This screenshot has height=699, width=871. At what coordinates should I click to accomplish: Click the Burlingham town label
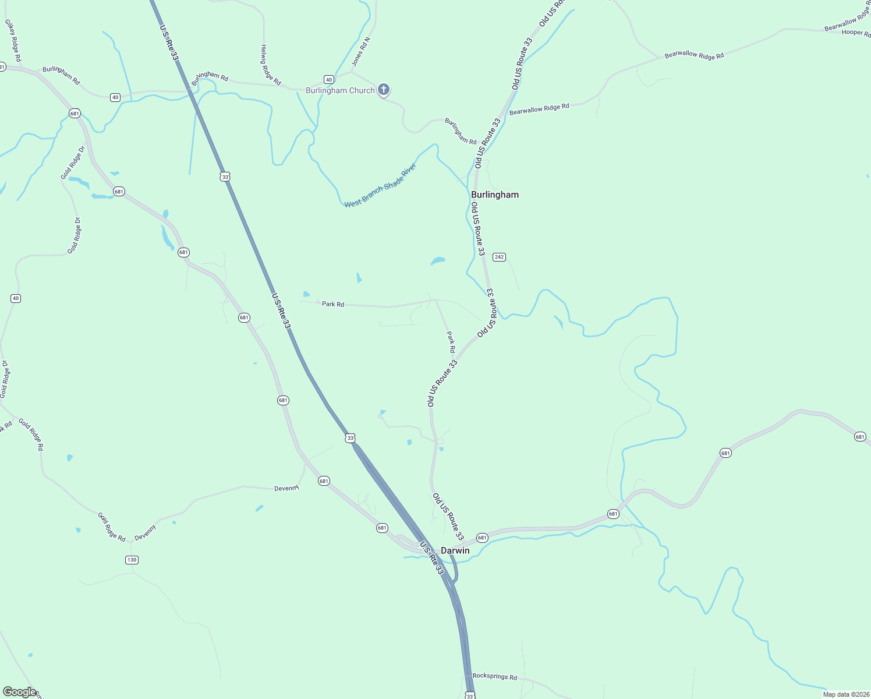494,195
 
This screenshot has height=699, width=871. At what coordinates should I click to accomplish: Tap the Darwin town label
455,550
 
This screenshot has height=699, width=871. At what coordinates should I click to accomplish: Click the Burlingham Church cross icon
383,89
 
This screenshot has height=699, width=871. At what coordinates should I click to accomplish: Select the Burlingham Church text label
340,90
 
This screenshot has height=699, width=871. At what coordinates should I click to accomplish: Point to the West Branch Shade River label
380,186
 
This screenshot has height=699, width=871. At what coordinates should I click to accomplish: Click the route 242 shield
499,257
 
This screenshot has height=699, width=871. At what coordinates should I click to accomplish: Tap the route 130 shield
132,560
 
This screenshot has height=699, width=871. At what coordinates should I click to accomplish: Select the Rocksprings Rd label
494,677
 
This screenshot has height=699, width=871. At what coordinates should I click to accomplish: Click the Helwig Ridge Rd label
271,65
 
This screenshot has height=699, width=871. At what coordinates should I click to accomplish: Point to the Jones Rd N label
361,51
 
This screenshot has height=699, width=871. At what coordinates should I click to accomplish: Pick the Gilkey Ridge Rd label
13,41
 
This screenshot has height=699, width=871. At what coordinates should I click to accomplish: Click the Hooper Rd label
856,33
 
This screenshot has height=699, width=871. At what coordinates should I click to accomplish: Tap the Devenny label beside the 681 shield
286,488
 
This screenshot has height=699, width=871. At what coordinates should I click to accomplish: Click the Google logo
19,692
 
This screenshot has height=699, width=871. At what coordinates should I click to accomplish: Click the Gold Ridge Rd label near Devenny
111,527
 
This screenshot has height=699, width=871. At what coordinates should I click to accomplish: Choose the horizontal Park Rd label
333,304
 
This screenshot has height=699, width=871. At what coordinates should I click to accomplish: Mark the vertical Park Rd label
451,342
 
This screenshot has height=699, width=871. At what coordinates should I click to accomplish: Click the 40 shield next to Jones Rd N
329,79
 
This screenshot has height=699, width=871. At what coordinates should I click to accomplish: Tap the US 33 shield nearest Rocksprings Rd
470,696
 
